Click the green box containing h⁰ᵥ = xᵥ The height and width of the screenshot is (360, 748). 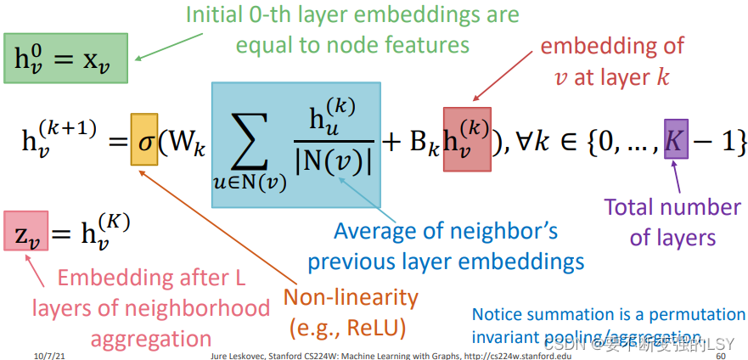tap(66, 59)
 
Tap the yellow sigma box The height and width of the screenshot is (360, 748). tap(144, 139)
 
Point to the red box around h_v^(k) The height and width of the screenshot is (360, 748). tap(467, 139)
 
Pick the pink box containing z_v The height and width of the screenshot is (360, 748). tap(26, 232)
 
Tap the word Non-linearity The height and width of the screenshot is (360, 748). tap(351, 298)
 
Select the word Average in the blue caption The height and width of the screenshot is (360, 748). tap(374, 230)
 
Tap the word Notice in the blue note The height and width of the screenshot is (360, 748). tap(499, 314)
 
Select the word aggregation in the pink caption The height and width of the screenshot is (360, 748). tap(151, 339)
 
